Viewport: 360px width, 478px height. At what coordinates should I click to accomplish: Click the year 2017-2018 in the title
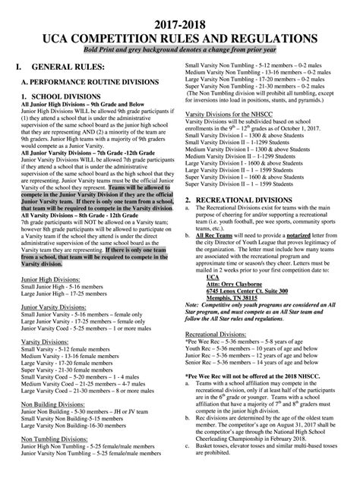[180, 20]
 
